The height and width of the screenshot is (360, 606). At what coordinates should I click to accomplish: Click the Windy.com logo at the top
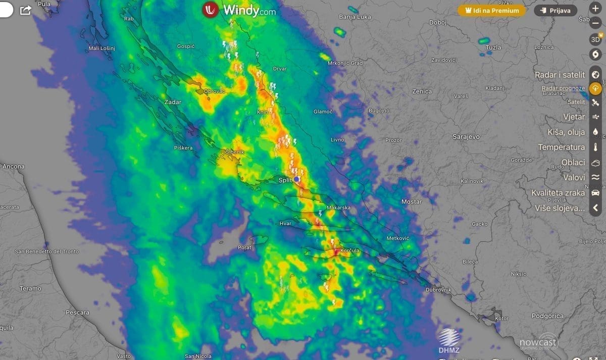(239, 10)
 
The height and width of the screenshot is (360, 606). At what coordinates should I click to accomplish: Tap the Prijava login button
(555, 10)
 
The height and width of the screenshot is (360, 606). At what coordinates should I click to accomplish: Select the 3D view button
(595, 39)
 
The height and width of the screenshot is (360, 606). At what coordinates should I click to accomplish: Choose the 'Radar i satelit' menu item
(560, 75)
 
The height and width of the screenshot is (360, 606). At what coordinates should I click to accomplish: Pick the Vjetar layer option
(574, 117)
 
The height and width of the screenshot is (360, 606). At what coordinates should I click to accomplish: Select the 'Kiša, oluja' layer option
(566, 132)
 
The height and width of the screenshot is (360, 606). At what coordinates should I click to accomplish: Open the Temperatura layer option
(561, 147)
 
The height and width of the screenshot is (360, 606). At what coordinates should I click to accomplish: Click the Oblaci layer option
(573, 163)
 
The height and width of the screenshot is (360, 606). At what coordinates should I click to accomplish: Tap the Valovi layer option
(574, 177)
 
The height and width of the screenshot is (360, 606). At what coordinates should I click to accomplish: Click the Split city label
(286, 180)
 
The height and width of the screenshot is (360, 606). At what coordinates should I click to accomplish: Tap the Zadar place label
(173, 102)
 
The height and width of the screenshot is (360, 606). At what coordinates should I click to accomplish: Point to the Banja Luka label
(355, 17)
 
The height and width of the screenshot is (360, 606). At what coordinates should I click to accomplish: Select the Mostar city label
(412, 202)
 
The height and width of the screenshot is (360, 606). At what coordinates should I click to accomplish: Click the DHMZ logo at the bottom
(448, 340)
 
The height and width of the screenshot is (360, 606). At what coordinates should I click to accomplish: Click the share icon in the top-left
(26, 10)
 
